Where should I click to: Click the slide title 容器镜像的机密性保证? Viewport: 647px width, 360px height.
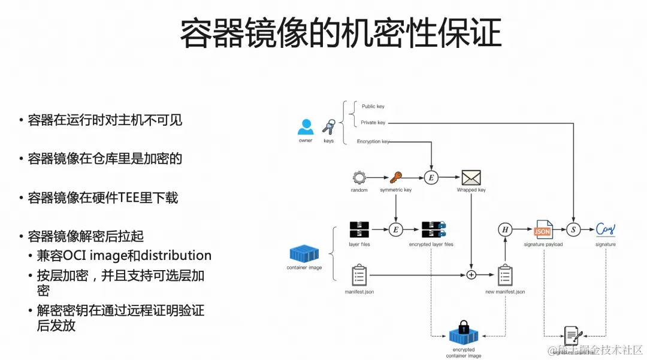click(x=340, y=34)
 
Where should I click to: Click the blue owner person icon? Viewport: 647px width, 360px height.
click(x=306, y=127)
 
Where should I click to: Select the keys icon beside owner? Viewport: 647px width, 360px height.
click(x=328, y=127)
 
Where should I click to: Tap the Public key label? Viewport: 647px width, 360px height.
click(x=373, y=107)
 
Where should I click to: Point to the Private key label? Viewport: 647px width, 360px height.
click(x=373, y=123)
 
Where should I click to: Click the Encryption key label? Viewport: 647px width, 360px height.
click(x=373, y=142)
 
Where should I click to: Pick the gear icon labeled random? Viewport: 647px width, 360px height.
click(x=359, y=177)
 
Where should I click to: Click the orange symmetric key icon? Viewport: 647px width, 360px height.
click(x=395, y=177)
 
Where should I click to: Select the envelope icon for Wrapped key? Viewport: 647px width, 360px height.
click(x=471, y=177)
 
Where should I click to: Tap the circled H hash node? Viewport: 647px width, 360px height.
click(x=505, y=229)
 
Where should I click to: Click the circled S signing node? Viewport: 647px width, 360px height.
click(x=574, y=229)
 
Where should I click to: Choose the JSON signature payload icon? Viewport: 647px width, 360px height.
click(x=543, y=229)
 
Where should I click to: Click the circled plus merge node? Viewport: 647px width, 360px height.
click(x=471, y=275)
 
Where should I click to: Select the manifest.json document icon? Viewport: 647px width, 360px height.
click(x=359, y=275)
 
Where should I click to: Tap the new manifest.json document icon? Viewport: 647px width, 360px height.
click(x=505, y=275)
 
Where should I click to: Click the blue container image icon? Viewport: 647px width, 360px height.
click(x=304, y=253)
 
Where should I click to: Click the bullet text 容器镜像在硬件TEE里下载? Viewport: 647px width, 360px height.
click(x=103, y=198)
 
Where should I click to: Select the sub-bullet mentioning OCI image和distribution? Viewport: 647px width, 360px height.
click(x=124, y=256)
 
